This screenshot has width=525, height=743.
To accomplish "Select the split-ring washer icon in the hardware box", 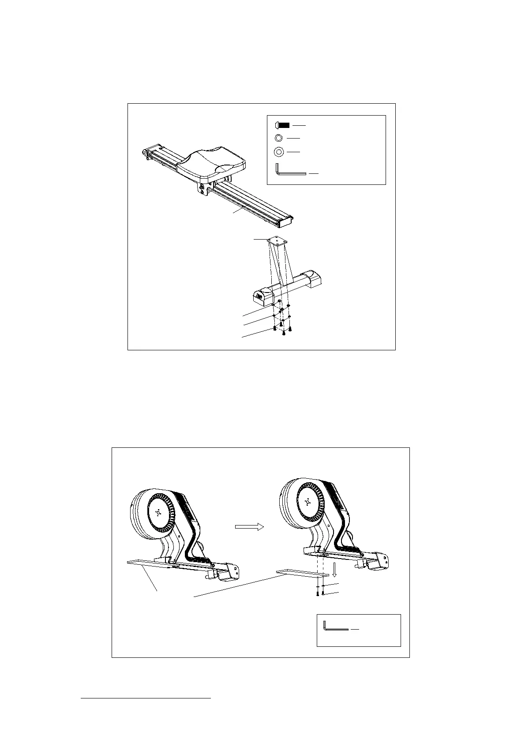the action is click(x=278, y=139).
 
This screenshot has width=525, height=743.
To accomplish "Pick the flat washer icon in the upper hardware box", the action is click(x=279, y=152).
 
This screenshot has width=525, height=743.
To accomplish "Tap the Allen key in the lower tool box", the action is click(x=335, y=627).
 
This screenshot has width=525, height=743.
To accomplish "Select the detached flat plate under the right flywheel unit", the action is click(x=303, y=574).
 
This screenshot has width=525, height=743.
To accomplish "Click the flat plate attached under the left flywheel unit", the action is click(x=146, y=562).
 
